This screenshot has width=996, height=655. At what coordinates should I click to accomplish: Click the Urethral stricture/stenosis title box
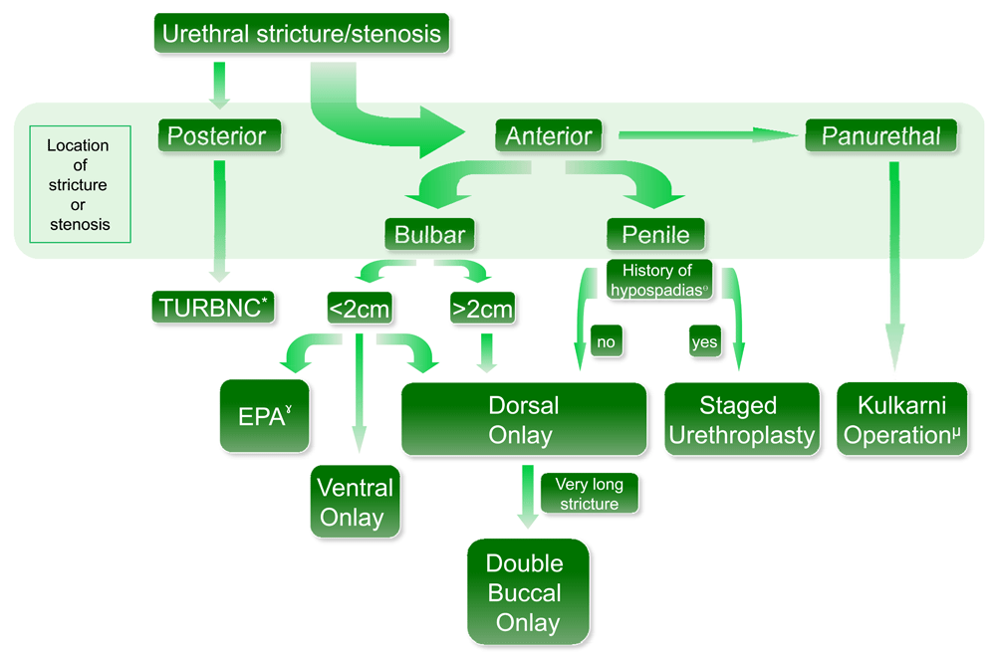(x=302, y=34)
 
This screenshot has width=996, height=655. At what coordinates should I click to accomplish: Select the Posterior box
(x=218, y=136)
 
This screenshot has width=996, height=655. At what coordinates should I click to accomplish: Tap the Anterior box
(x=549, y=136)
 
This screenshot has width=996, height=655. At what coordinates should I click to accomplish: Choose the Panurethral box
(x=880, y=136)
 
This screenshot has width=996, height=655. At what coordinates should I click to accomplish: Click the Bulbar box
(x=429, y=235)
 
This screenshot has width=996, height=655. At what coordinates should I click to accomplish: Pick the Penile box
(x=655, y=235)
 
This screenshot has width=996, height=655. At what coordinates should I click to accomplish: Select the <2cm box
(x=359, y=309)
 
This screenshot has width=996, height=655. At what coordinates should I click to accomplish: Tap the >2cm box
(x=482, y=309)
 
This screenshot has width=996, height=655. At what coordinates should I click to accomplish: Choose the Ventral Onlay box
(x=356, y=502)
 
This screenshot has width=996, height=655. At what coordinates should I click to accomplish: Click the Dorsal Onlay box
(x=524, y=420)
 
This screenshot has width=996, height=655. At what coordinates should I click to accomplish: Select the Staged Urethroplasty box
(x=742, y=420)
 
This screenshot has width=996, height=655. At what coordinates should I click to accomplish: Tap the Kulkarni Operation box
(x=901, y=420)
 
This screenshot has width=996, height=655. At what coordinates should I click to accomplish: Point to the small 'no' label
(x=606, y=341)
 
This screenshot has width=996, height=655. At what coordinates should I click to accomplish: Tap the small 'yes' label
(x=704, y=341)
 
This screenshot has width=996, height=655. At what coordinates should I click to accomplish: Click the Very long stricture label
(x=589, y=494)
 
